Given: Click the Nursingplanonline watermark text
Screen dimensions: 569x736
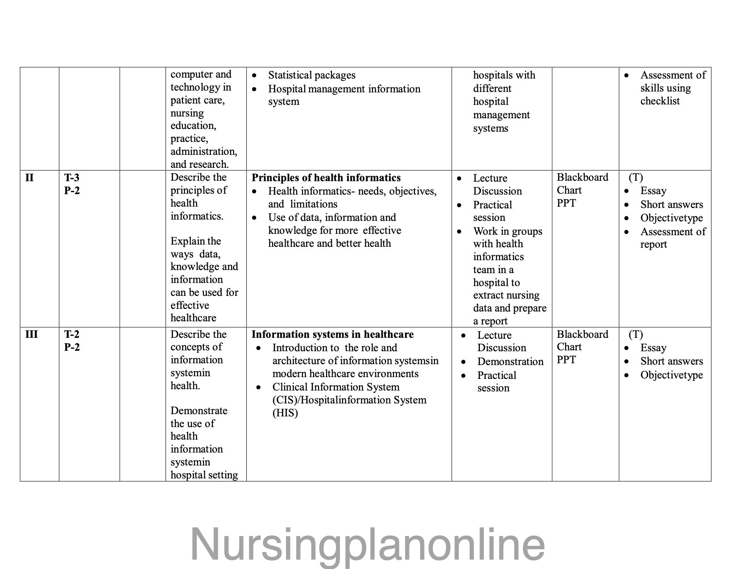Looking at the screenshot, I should coord(368,544).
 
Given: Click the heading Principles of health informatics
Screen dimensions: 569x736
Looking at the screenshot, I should coord(326,178).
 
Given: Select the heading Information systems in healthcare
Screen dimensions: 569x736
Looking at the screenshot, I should coord(332,334).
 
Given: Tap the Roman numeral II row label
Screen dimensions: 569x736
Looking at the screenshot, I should coord(29,178).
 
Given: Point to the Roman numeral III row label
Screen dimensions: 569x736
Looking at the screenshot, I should coord(32,334).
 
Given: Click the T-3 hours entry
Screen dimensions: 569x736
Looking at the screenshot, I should coord(72,178).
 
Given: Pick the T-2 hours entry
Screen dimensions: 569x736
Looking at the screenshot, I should coord(72,334).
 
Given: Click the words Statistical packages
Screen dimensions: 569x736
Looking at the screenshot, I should coord(311,75).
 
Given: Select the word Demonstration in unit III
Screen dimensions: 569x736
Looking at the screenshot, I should coord(510,361).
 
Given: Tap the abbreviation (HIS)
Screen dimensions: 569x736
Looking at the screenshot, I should coord(285,413).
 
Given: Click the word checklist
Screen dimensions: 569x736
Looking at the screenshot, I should coord(660,101).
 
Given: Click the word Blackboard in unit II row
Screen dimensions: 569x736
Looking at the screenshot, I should coord(582,177).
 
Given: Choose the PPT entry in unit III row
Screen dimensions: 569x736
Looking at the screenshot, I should coord(566,360).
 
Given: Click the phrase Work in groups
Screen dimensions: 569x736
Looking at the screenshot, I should coord(508,231).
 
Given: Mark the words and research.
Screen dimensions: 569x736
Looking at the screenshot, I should coord(199,164).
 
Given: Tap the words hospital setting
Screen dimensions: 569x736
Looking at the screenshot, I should coord(204,475).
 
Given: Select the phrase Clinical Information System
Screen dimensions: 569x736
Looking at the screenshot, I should coord(336,387).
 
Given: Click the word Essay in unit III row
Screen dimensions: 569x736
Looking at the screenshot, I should coord(653,348).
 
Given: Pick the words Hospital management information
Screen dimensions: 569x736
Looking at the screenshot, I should coord(344,89).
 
